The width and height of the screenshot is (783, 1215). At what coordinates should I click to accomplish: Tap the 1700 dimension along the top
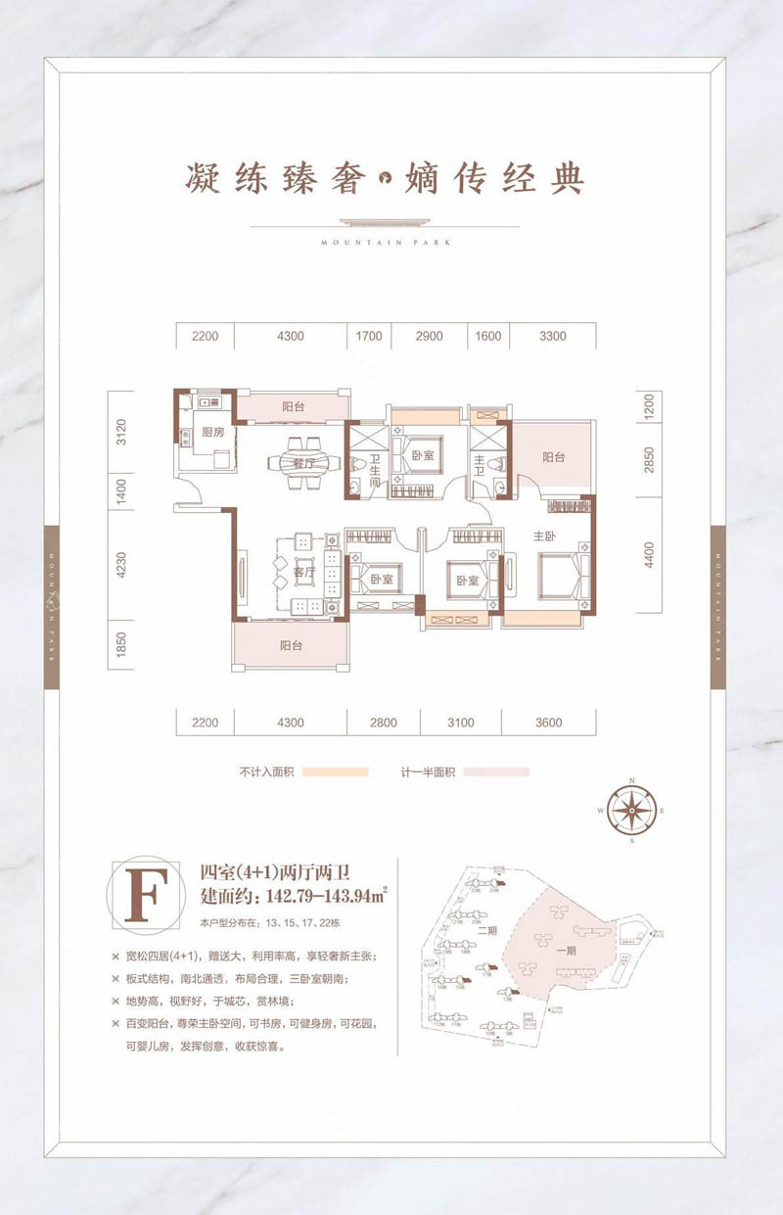[369, 336]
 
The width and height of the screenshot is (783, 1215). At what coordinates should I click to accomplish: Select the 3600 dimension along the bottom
[549, 723]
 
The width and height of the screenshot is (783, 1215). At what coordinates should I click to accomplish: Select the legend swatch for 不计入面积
[335, 771]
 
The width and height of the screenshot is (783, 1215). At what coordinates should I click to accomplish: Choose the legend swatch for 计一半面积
[496, 771]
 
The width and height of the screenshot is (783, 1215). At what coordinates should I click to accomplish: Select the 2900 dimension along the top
[429, 336]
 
